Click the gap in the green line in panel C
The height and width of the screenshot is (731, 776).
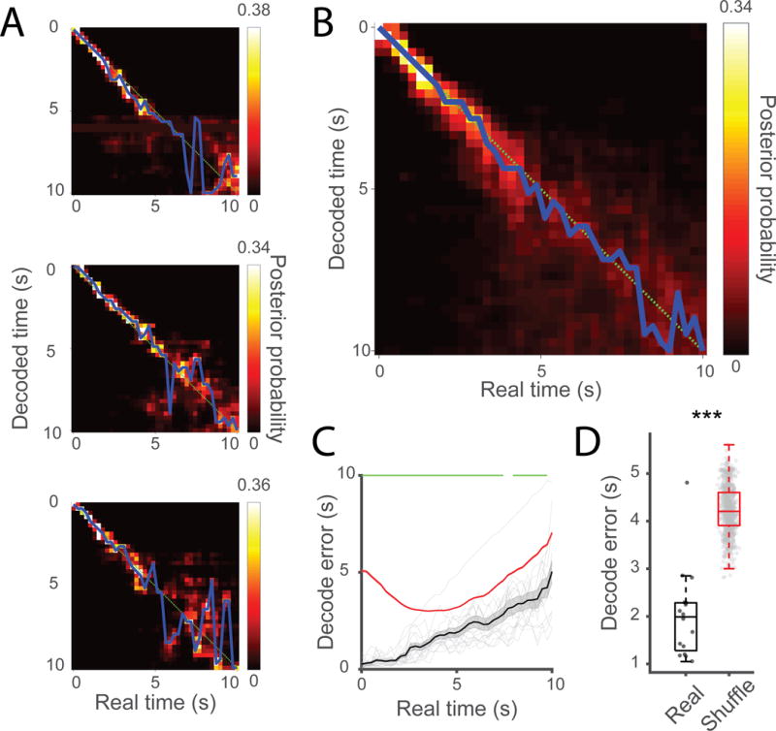pos(507,475)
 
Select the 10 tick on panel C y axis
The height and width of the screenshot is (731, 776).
pos(343,475)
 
